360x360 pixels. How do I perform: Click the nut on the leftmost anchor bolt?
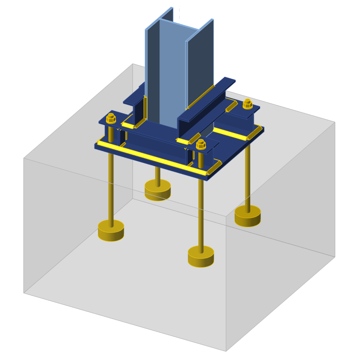tap(111, 119)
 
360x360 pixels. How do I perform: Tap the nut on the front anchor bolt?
tap(201, 144)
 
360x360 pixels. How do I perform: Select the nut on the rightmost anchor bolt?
tap(247, 104)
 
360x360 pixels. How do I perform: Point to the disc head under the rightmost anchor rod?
tap(247, 216)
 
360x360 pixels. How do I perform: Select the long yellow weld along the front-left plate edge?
tap(148, 157)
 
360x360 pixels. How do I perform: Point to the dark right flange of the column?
tap(200, 63)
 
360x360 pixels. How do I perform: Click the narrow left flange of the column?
tap(152, 67)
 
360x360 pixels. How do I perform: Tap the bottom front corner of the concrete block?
tap(226, 351)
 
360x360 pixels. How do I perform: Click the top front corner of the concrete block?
tap(226, 216)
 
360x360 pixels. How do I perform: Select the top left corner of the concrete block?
tap(24, 158)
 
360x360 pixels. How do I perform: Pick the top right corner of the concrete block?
tap(335, 122)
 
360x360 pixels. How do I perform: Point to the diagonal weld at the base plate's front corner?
tap(214, 167)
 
